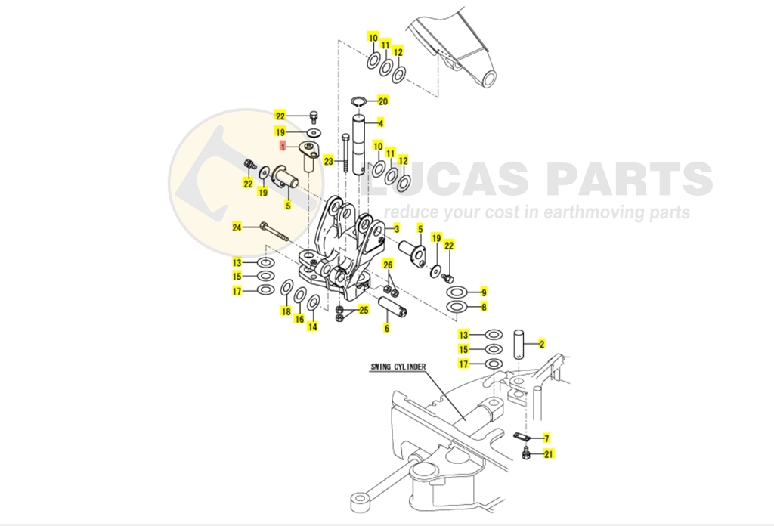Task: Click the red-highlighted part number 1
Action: (283, 147)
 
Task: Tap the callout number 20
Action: (383, 101)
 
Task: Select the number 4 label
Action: (380, 123)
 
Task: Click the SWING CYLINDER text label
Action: (398, 367)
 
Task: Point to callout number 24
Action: (237, 227)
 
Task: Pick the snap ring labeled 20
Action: (359, 101)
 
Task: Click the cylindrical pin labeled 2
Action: (519, 345)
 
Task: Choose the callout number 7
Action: (546, 438)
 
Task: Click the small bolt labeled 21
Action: (526, 453)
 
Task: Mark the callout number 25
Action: (364, 311)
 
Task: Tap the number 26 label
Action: (388, 265)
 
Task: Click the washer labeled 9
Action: (457, 292)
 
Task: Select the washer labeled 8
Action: (457, 307)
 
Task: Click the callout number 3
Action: (396, 228)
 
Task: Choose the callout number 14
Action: (312, 326)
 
